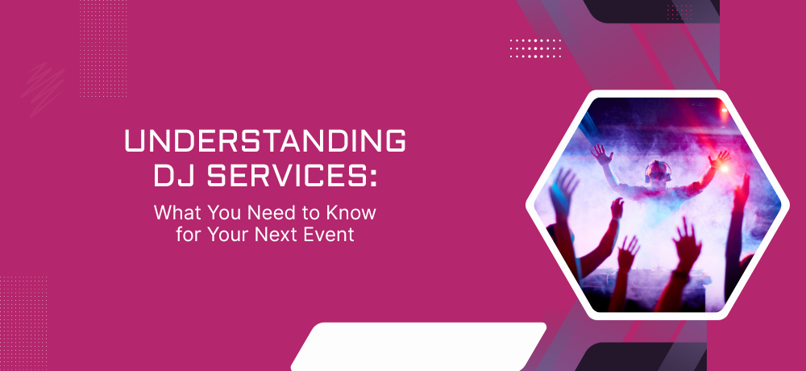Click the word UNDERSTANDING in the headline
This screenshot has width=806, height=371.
265,141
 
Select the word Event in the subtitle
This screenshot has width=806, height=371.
330,234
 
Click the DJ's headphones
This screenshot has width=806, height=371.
659,171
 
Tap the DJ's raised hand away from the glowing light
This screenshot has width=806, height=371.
601,154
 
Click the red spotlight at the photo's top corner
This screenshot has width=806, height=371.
725,110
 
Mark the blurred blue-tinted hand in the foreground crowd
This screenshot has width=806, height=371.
563,190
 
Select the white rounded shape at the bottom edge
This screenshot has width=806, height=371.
419,347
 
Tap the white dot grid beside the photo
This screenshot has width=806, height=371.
536,48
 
